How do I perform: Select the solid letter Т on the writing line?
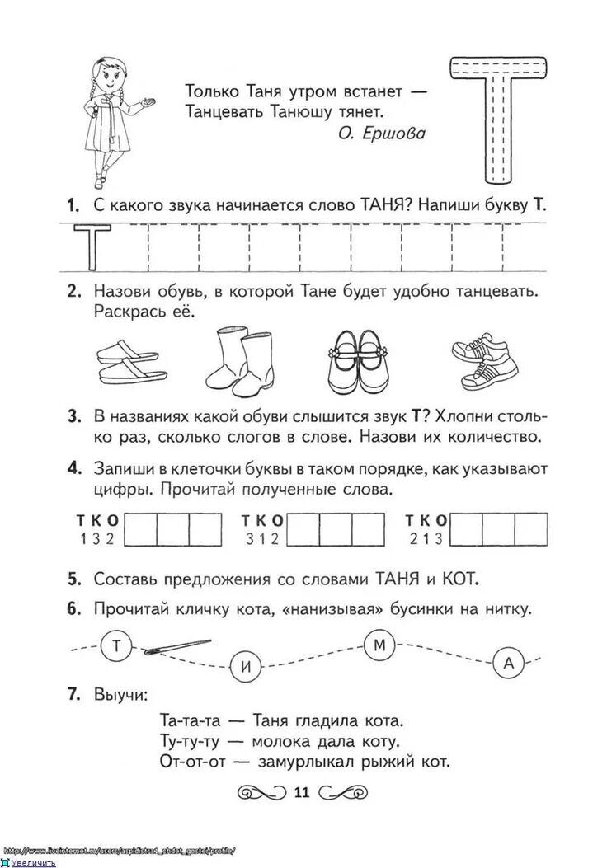(x=87, y=246)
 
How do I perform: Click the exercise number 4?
(x=75, y=468)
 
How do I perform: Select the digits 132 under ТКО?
(x=98, y=538)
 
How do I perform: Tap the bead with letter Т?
(x=116, y=646)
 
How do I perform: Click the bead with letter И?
(x=247, y=669)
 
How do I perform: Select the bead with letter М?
(x=381, y=646)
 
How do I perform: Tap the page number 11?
(x=300, y=793)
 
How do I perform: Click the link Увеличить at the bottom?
(x=33, y=862)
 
